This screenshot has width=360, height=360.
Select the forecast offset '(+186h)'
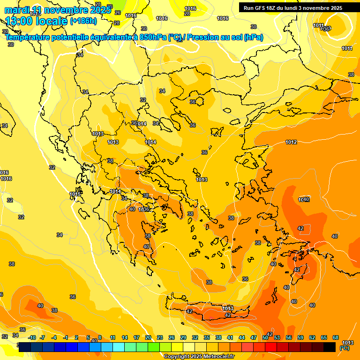coord(83,21)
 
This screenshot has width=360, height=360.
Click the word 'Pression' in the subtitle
coord(206,37)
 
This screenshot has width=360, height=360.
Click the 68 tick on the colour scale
coord(336,337)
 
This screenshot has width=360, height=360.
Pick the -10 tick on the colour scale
coord(32,337)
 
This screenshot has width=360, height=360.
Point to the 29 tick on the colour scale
coord(183,337)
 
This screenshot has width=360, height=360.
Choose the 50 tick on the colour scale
coord(265,337)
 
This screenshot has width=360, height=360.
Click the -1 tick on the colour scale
coord(66,337)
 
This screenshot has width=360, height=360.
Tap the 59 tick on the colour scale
coord(300,337)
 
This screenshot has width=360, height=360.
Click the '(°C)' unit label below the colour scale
coord(344,348)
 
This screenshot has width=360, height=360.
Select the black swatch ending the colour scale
coord(330,347)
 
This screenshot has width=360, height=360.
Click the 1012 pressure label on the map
coord(291,142)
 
